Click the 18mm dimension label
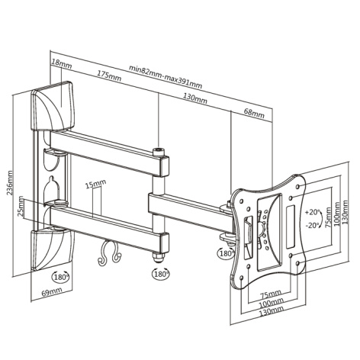(x=62, y=63)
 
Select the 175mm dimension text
(x=109, y=76)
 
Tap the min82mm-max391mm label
(x=166, y=77)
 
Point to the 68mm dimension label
(x=254, y=113)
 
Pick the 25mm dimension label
(x=21, y=206)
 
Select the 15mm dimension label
(x=95, y=184)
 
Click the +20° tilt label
(x=312, y=212)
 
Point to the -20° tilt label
(x=312, y=225)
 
